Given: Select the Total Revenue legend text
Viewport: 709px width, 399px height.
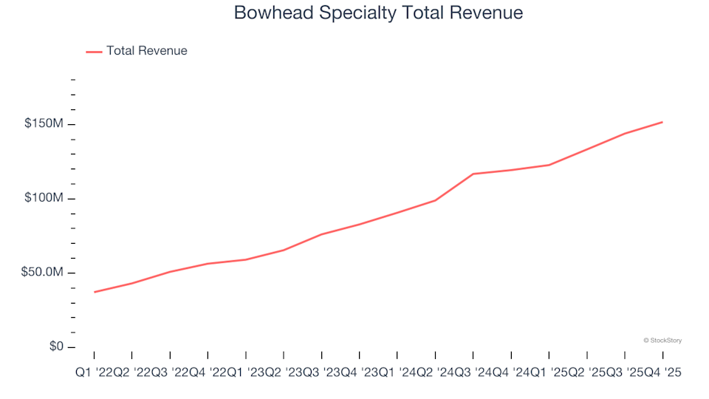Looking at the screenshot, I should (x=146, y=51).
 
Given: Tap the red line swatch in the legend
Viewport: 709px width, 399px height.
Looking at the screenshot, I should (x=94, y=52).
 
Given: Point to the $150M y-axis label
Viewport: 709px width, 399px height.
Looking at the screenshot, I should (x=44, y=123).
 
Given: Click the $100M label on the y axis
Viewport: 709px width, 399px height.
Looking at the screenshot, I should (x=44, y=198).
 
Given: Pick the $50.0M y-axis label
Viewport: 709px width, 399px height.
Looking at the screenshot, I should (x=42, y=273).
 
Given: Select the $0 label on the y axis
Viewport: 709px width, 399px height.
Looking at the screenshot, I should (x=56, y=347).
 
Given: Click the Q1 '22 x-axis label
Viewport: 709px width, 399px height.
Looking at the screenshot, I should (x=94, y=373).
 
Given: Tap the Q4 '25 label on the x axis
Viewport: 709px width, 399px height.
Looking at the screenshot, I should (x=662, y=373).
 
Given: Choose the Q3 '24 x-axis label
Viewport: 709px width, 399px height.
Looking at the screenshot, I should (x=473, y=373).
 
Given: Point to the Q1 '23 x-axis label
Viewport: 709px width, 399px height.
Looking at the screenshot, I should (x=245, y=373).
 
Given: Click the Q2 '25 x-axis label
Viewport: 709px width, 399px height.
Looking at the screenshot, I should (x=586, y=373).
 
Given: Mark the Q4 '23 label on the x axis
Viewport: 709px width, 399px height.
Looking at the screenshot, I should (x=359, y=373).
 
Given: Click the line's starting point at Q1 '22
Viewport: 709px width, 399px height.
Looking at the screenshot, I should (x=95, y=292).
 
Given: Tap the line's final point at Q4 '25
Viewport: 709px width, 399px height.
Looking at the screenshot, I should (x=662, y=122).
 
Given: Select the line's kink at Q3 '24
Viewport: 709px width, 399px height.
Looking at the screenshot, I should (x=473, y=174).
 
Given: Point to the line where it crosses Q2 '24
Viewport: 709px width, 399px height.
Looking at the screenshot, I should (x=435, y=200).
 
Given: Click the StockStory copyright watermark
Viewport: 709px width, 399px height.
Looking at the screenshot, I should (x=662, y=341).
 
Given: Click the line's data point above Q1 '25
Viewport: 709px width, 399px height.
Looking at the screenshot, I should (x=549, y=165).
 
